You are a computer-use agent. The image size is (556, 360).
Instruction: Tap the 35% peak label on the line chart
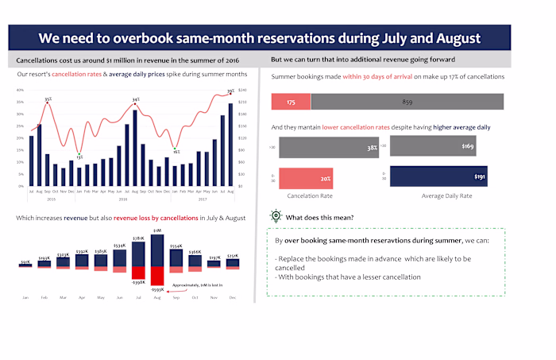coord(48,99)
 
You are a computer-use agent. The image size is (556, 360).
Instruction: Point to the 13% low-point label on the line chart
coord(79,157)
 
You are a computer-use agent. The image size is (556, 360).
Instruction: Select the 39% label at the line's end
coord(230,91)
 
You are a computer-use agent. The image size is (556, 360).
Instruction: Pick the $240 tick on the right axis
coord(242,91)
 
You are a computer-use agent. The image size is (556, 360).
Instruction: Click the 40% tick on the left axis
coord(19,91)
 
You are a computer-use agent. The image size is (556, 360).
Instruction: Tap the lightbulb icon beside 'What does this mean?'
coord(276,216)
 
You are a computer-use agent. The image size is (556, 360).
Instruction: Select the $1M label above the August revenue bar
coord(157,230)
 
